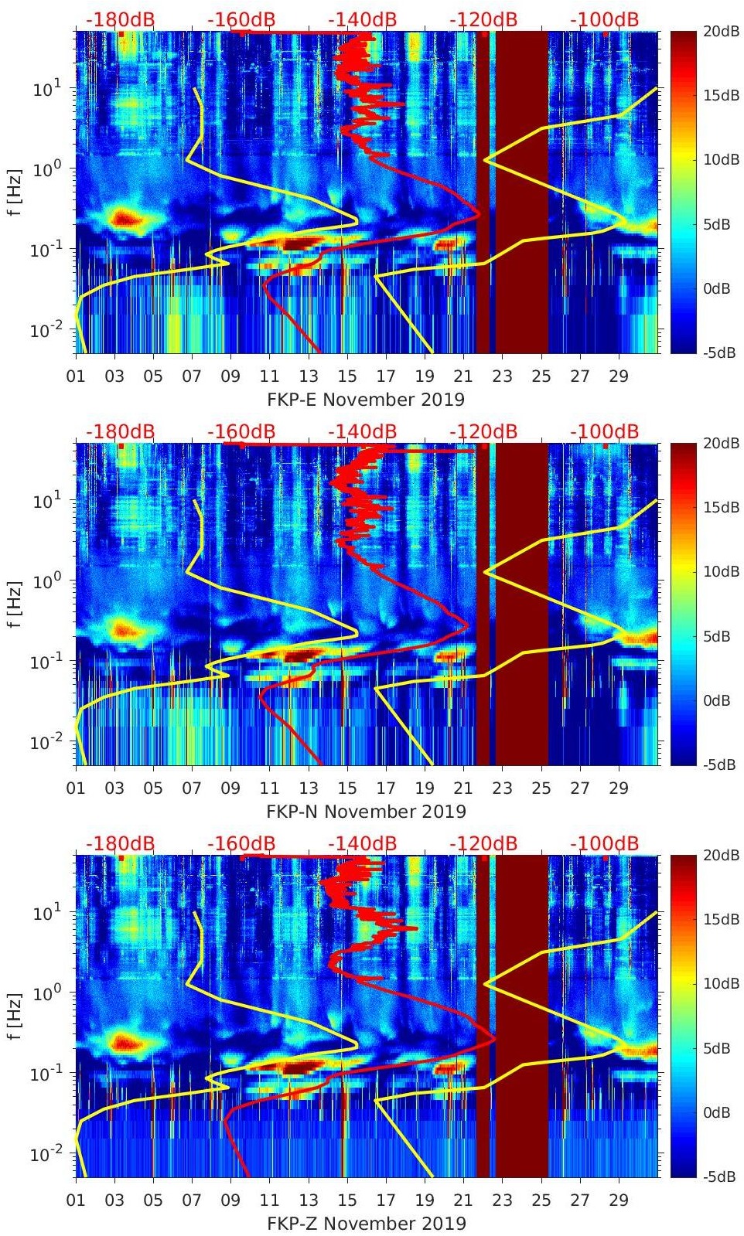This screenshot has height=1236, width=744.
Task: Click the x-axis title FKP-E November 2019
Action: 366,400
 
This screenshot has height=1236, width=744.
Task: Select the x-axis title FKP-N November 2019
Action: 366,812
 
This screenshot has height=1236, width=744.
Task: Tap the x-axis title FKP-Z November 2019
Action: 366,1224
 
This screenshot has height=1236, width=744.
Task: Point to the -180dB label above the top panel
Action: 120,19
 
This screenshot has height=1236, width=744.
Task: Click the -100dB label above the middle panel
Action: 604,431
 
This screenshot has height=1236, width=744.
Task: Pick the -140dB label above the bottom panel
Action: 362,843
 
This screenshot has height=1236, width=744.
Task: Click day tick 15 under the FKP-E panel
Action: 346,376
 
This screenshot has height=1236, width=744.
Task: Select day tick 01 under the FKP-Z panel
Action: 76,1200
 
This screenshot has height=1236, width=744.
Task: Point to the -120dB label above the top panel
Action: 483,19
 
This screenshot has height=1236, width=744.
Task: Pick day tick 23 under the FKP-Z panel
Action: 502,1200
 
